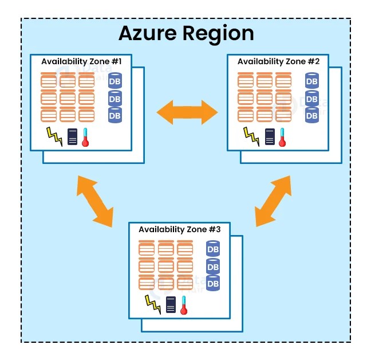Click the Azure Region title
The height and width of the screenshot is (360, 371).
pyautogui.click(x=186, y=33)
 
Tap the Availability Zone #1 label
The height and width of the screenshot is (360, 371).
pyautogui.click(x=86, y=61)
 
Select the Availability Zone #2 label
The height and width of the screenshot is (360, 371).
pyautogui.click(x=282, y=61)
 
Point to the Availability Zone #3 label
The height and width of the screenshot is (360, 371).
pyautogui.click(x=184, y=229)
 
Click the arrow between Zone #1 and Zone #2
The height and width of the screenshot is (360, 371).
pyautogui.click(x=187, y=111)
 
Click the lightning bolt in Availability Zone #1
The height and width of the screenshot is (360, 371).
pyautogui.click(x=54, y=137)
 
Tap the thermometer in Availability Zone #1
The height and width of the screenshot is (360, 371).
pyautogui.click(x=85, y=137)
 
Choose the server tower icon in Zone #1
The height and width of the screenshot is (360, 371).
pyautogui.click(x=72, y=137)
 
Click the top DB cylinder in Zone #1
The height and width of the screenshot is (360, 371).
pyautogui.click(x=115, y=81)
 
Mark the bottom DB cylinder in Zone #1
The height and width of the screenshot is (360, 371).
pyautogui.click(x=115, y=115)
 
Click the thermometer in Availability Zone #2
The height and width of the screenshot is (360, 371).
pyautogui.click(x=282, y=137)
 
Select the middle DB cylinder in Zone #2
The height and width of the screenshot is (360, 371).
pyautogui.click(x=312, y=99)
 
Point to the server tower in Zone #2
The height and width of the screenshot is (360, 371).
pyautogui.click(x=269, y=137)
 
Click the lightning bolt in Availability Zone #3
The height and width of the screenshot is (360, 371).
pyautogui.click(x=153, y=304)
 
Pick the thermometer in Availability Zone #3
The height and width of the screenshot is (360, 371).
pyautogui.click(x=184, y=305)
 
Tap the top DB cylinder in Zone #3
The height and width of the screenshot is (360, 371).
pyautogui.click(x=213, y=249)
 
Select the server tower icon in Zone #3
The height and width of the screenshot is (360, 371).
pyautogui.click(x=171, y=305)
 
